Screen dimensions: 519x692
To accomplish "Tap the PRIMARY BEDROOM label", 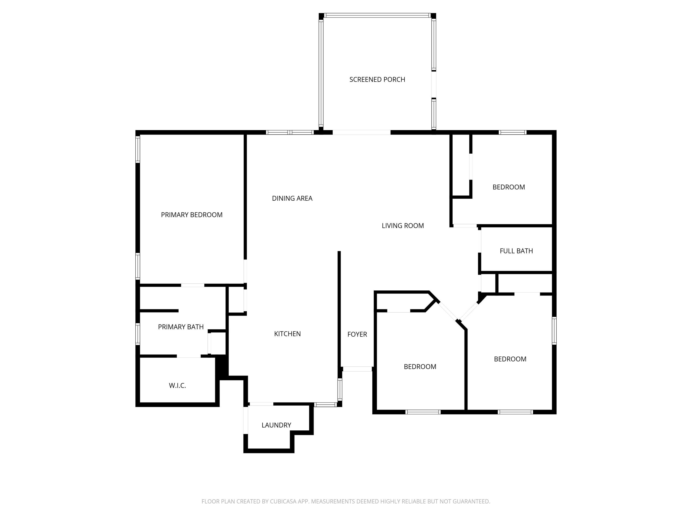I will click(191, 215).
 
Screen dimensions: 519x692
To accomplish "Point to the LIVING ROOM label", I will click(403, 226).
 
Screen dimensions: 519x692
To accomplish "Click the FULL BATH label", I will click(516, 251).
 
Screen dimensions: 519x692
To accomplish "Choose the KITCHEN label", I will click(287, 334).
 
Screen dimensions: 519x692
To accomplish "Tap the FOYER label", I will click(357, 334).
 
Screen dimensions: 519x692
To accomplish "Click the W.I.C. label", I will click(177, 386).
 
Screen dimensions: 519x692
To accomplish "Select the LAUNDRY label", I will click(276, 425).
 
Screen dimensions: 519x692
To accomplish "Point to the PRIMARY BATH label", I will click(181, 327).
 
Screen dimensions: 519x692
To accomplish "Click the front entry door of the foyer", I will click(357, 369).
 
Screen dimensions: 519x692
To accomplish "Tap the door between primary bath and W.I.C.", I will click(189, 356).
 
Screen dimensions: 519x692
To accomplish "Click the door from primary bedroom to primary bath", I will click(193, 285).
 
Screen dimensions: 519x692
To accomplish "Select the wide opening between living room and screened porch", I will click(361, 132).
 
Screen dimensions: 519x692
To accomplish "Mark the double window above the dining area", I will click(290, 132).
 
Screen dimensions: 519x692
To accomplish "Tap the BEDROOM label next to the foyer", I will click(420, 367).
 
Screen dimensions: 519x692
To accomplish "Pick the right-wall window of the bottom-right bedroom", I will click(554, 331).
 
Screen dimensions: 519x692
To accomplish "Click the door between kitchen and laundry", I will click(261, 404).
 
